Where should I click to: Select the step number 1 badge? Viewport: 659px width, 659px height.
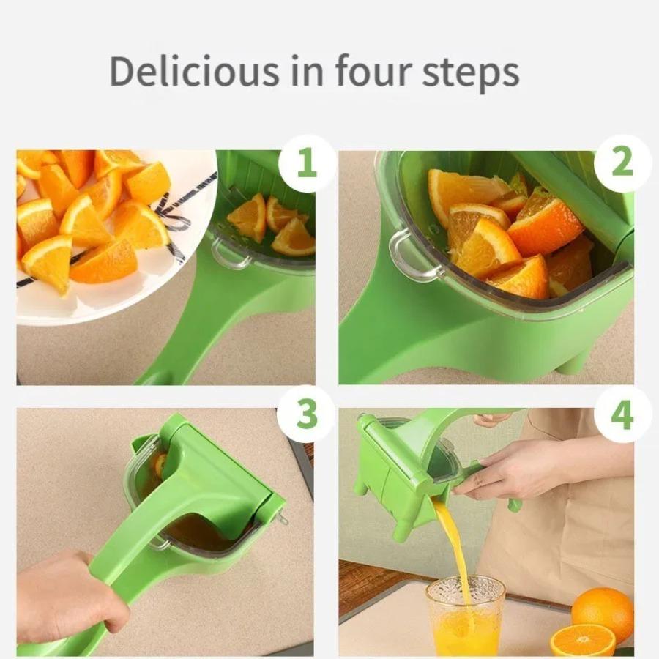coord(307,163)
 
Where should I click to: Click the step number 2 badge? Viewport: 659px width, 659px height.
coord(622,163)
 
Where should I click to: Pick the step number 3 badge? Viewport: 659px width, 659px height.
coord(307,414)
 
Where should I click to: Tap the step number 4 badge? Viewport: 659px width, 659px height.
coord(622,414)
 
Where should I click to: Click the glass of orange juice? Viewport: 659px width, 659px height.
coord(465,616)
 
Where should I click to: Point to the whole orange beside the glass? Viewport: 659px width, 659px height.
coord(603,612)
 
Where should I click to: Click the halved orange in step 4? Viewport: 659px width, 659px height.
coord(583,640)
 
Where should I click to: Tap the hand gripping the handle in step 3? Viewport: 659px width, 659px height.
coord(70,596)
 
